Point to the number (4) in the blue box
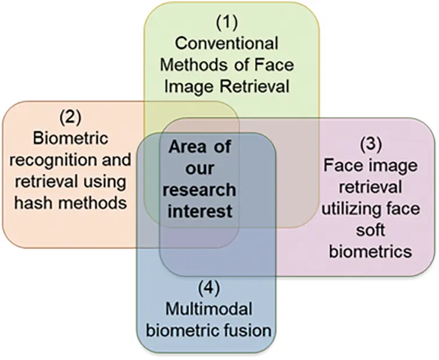point(208,287)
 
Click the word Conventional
point(227,44)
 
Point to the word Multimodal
point(208,309)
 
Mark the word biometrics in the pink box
point(371,252)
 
